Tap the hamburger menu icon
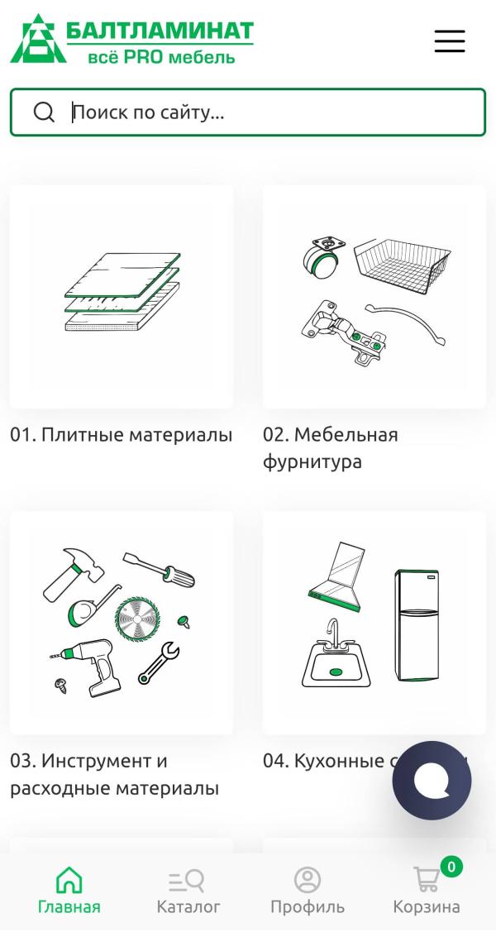click(450, 41)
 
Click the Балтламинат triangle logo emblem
click(37, 39)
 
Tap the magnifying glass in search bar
click(44, 112)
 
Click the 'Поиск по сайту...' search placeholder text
click(149, 112)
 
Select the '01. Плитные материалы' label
click(121, 435)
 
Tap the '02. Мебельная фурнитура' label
click(331, 448)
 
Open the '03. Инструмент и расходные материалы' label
click(114, 774)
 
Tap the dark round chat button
click(432, 781)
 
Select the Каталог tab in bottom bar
click(188, 891)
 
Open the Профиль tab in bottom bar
click(308, 891)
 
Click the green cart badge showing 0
click(451, 867)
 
